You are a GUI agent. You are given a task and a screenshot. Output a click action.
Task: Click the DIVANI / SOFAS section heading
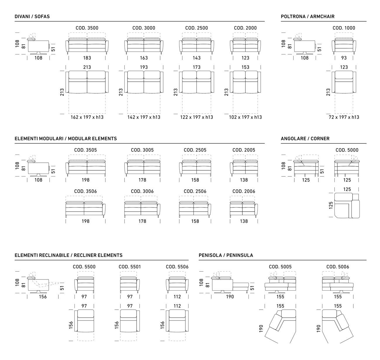[x=32, y=16]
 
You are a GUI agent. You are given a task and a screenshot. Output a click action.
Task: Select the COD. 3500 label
[x=87, y=28]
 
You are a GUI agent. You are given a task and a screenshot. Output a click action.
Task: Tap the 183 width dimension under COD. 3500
[x=87, y=58]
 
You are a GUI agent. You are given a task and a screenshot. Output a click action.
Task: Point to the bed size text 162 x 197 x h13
[x=87, y=117]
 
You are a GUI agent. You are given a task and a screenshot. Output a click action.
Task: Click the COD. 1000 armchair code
[x=344, y=28]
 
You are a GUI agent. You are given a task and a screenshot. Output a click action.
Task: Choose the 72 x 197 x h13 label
[x=344, y=117]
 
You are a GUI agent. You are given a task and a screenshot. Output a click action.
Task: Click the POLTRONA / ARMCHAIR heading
[x=308, y=16]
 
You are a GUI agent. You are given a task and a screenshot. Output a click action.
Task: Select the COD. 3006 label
[x=142, y=191]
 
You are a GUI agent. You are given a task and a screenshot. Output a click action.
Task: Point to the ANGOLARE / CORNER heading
[x=305, y=138]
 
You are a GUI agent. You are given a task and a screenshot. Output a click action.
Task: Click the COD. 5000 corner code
[x=347, y=150]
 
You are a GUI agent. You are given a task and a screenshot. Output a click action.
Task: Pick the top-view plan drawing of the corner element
[x=347, y=205]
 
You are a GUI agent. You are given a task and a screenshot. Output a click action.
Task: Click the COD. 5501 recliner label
[x=130, y=267]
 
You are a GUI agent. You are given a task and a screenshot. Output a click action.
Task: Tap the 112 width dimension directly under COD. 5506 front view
[x=177, y=297]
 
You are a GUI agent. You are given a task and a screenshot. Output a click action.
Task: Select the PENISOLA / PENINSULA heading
[x=226, y=255]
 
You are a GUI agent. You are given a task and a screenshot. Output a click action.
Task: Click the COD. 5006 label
[x=338, y=267]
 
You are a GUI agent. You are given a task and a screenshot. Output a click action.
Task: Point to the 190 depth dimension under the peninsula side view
[x=230, y=297]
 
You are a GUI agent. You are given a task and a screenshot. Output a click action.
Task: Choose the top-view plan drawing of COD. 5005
[x=280, y=327]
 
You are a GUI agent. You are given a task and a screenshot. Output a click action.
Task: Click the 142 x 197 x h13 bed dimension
[x=144, y=117]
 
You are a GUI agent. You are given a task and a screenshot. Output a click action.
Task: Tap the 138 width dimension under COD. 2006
[x=244, y=221]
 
